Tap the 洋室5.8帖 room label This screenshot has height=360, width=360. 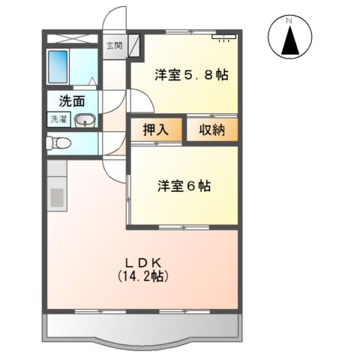click(x=191, y=75)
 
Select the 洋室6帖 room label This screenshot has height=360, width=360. click(x=183, y=185)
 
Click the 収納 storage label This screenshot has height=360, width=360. click(x=212, y=130)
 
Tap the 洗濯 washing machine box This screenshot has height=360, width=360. click(x=58, y=118)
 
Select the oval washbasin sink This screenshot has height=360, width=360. click(x=86, y=119)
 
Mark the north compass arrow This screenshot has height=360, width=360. click(x=289, y=40)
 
